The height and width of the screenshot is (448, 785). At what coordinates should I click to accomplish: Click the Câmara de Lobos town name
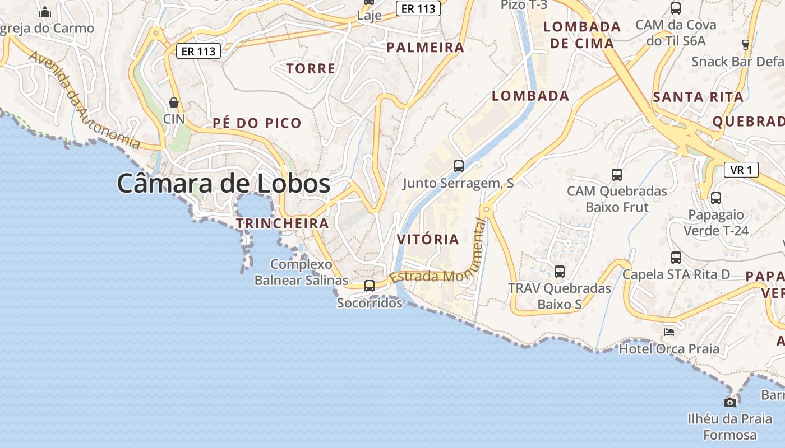coord(223,184)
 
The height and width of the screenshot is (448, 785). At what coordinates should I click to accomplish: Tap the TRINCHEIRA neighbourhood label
coord(282,223)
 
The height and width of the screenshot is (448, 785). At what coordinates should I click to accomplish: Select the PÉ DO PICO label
coord(257,123)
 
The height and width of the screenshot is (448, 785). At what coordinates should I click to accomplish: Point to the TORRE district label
coord(311,69)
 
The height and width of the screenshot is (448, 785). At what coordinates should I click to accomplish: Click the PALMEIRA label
coord(426,48)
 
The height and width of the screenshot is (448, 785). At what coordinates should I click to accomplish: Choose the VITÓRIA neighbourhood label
coord(428,240)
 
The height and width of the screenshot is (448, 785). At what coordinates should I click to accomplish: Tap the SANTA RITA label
coord(698,97)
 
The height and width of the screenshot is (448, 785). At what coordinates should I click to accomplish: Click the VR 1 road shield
coord(741,170)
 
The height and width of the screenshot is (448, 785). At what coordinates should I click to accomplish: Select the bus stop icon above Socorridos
coord(370,286)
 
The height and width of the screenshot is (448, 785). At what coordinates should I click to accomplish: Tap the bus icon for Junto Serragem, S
coord(459,166)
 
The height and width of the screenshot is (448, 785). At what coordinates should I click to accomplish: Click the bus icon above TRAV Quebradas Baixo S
coord(560,272)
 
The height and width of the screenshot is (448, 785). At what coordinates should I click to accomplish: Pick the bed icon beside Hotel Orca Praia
coord(668,332)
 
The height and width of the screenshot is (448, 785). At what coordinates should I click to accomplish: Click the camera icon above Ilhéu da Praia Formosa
coord(729,402)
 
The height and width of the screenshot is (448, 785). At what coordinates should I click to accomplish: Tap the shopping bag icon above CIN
coord(174,102)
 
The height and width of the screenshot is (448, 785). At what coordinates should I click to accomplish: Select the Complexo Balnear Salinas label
coord(301,272)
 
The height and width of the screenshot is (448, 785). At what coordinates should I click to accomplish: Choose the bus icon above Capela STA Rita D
coord(676,258)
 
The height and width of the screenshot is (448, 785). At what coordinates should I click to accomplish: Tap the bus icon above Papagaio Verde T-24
coord(716,198)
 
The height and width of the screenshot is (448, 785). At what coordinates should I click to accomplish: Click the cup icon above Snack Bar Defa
coord(746,45)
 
